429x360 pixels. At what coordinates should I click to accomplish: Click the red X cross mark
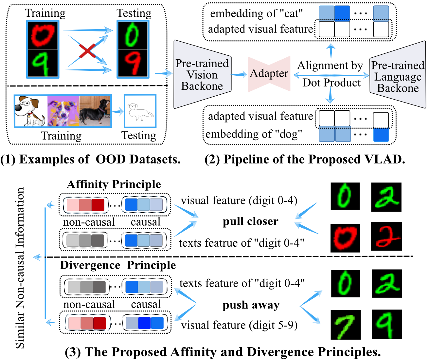pyautogui.click(x=87, y=50)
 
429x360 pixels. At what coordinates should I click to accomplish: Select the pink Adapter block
pyautogui.click(x=269, y=74)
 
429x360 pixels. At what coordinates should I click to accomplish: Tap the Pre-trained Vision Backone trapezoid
pyautogui.click(x=202, y=74)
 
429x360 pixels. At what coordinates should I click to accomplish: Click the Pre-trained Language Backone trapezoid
pyautogui.click(x=398, y=75)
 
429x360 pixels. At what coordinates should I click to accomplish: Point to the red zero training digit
pyautogui.click(x=43, y=35)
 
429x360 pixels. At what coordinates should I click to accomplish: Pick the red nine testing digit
pyautogui.click(x=133, y=63)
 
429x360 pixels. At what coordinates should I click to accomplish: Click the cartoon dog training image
pyautogui.click(x=31, y=111)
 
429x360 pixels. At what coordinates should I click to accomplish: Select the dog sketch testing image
pyautogui.click(x=140, y=111)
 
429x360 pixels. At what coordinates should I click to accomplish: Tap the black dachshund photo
pyautogui.click(x=95, y=111)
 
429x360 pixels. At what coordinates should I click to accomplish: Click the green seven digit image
pyautogui.click(x=346, y=325)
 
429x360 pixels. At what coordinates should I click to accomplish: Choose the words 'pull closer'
pyautogui.click(x=250, y=221)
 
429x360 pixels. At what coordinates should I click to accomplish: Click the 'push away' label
pyautogui.click(x=251, y=305)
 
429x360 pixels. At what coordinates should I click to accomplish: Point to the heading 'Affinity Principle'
pyautogui.click(x=114, y=184)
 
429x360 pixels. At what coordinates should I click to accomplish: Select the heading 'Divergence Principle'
pyautogui.click(x=118, y=265)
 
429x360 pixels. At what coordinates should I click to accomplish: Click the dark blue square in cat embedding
pyautogui.click(x=342, y=13)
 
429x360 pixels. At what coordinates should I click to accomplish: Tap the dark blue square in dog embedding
pyautogui.click(x=381, y=135)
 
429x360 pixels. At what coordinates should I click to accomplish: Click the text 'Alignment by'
pyautogui.click(x=330, y=66)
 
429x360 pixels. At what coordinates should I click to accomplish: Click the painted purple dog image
pyautogui.click(x=63, y=111)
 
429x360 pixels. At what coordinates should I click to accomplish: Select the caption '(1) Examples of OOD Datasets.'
pyautogui.click(x=90, y=160)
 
